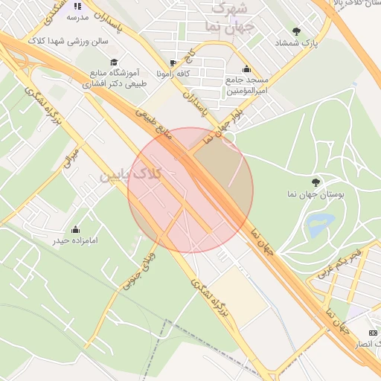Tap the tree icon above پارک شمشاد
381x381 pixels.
pyautogui.click(x=297, y=31)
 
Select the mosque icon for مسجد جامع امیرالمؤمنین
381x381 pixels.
pyautogui.click(x=246, y=69)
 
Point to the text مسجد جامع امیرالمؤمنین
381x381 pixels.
pyautogui.click(x=246, y=84)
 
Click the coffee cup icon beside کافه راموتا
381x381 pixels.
pyautogui.click(x=173, y=63)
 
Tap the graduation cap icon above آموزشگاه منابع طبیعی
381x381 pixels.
pyautogui.click(x=114, y=62)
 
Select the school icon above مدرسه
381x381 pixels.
pyautogui.click(x=77, y=6)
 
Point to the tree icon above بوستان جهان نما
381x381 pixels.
pyautogui.click(x=316, y=181)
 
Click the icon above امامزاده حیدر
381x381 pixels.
pyautogui.click(x=76, y=229)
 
